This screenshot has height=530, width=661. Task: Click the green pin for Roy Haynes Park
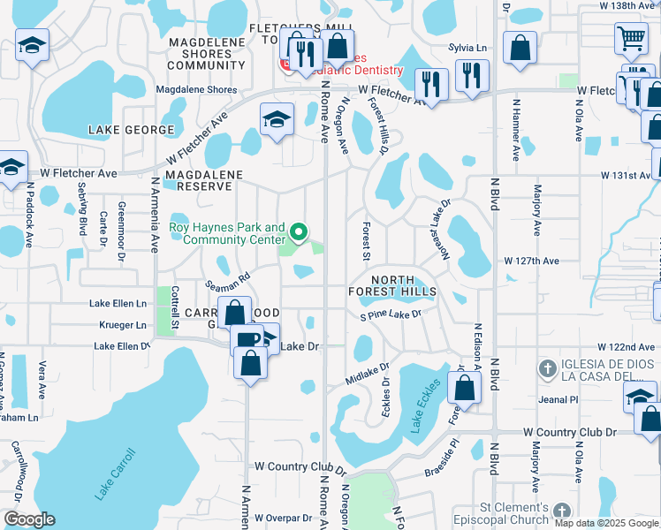tap(299, 233)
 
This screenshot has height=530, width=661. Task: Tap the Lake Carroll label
tap(115, 474)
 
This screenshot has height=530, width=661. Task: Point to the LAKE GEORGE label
tap(131, 130)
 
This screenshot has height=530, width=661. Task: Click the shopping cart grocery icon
tap(630, 39)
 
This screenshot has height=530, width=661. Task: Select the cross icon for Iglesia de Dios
tap(547, 367)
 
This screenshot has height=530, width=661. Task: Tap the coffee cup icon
tap(247, 339)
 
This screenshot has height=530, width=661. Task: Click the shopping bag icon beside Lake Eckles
tap(464, 386)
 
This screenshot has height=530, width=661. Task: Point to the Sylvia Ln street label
tap(467, 48)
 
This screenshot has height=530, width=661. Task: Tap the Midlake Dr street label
tap(368, 372)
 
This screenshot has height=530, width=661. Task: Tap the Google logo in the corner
tap(30, 519)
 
